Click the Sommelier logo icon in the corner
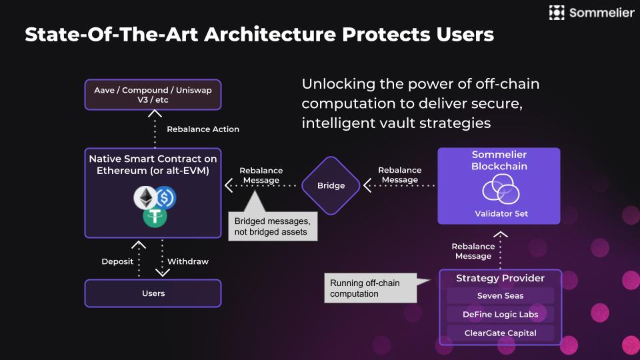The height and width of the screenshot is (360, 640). [557, 12]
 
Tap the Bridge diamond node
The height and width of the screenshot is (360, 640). [331, 185]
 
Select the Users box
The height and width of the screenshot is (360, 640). [153, 293]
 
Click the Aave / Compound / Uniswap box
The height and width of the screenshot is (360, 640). [153, 94]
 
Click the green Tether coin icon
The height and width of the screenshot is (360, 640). [154, 215]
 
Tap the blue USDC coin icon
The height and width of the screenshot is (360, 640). [164, 198]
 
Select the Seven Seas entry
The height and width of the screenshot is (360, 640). [500, 296]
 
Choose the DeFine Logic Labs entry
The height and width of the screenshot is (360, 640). [500, 314]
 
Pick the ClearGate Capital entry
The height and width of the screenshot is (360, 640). [500, 333]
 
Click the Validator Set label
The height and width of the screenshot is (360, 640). [499, 214]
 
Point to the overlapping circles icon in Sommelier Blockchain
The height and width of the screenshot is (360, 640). [499, 191]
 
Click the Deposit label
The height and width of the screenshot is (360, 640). [117, 261]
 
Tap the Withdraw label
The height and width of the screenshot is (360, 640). [187, 261]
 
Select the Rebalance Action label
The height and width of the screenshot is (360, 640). [203, 129]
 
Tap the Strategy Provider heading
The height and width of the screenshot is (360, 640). [500, 278]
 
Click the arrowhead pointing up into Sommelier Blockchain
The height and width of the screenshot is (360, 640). [500, 235]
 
